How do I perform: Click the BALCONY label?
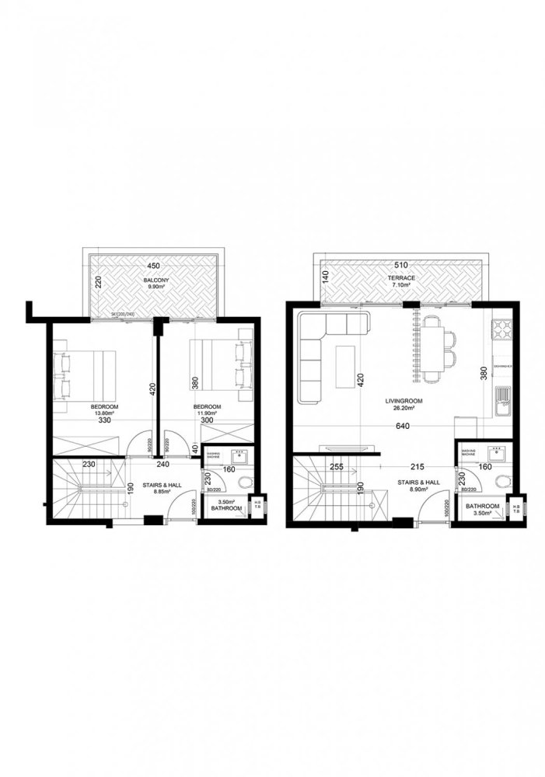153,278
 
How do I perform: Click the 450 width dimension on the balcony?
153,267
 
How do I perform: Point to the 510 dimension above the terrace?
402,265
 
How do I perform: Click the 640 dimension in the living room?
402,426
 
